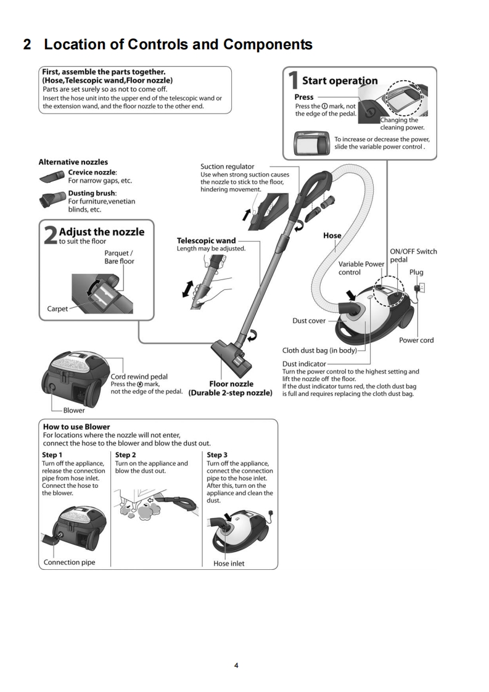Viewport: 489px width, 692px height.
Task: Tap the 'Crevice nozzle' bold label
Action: pos(92,172)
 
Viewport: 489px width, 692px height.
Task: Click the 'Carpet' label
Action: pos(59,309)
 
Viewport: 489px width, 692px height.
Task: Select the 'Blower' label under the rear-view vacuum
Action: pos(73,410)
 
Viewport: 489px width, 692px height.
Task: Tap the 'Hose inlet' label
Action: pos(229,563)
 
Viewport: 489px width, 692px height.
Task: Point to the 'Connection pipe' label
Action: pos(70,562)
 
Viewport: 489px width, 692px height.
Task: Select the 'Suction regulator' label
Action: pos(227,167)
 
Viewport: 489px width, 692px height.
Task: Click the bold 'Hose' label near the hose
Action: pos(332,236)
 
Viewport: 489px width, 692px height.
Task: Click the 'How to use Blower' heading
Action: pos(76,426)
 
